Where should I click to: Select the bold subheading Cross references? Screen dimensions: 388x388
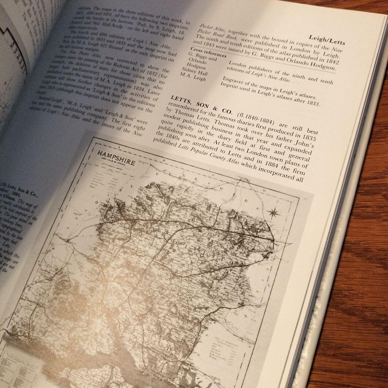(x=208, y=54)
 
